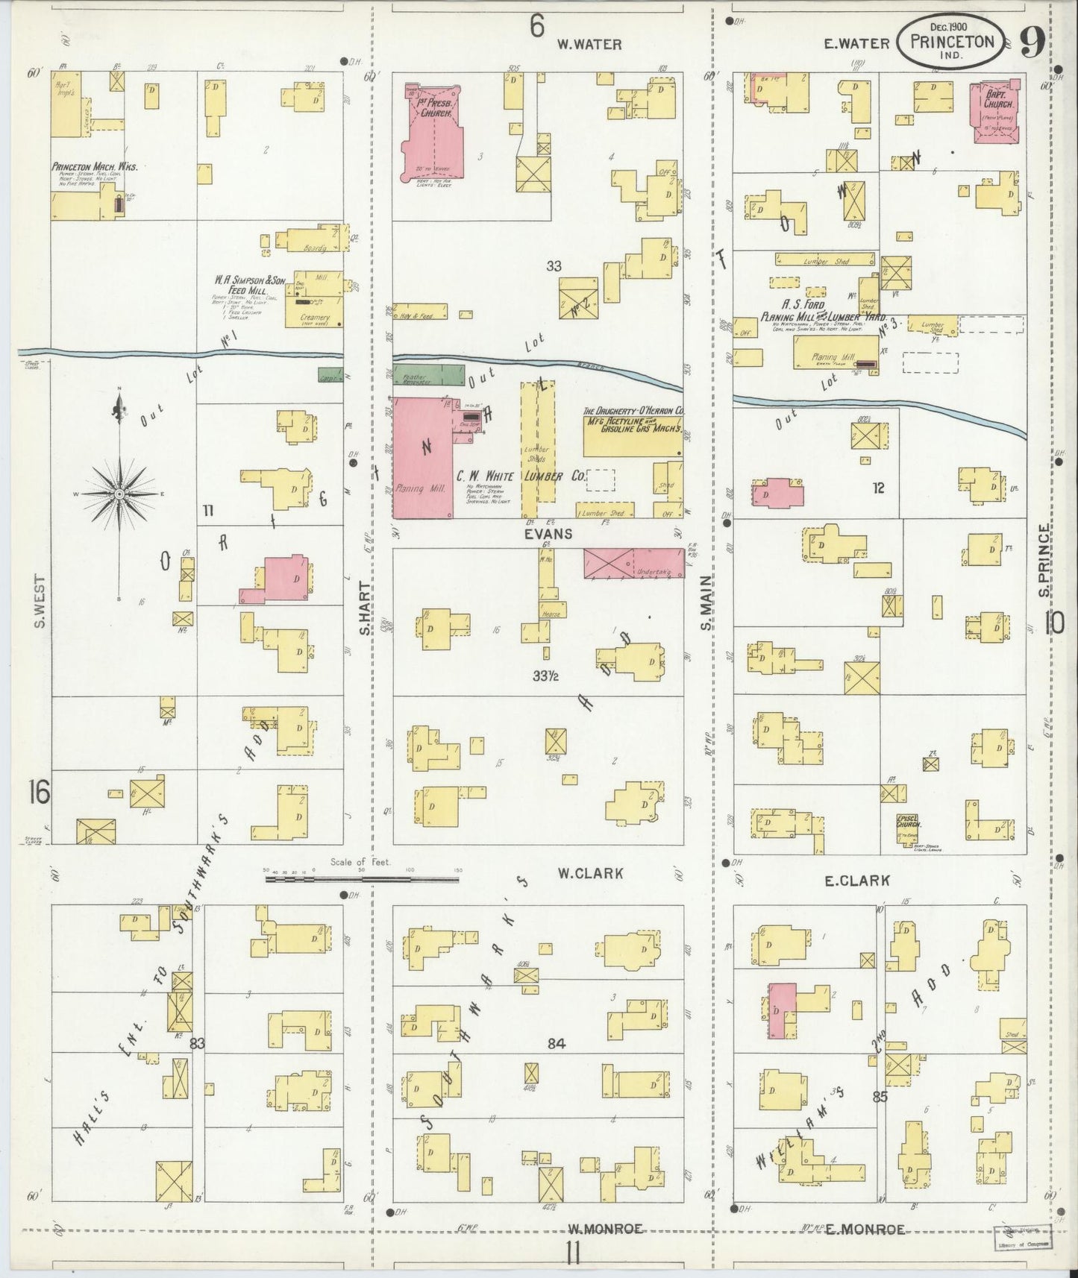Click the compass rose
119,494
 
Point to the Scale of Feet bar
362,879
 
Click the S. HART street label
366,608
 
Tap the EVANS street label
548,534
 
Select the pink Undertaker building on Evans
633,564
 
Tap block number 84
556,1043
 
